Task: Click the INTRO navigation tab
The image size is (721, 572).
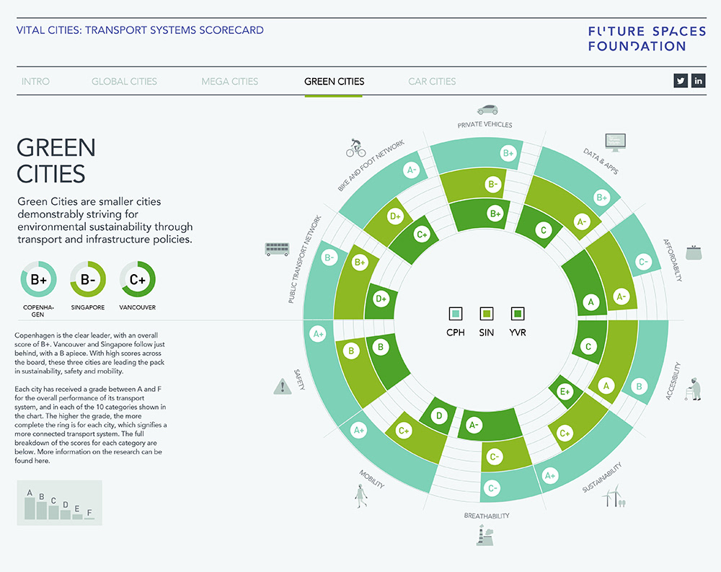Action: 35,82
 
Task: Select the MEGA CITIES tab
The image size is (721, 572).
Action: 230,82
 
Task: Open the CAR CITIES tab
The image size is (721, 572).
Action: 432,82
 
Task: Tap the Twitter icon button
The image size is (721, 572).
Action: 681,81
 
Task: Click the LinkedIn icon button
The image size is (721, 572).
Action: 698,81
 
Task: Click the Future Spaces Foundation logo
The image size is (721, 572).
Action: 637,39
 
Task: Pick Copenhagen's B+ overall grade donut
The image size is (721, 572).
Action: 38,280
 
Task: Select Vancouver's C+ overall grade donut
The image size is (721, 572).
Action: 138,280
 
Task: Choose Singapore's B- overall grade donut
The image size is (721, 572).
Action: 88,280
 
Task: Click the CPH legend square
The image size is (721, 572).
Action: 456,314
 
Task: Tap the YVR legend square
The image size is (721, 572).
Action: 517,314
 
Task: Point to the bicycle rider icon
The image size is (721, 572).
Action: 356,148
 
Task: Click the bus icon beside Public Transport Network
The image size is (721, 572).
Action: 278,249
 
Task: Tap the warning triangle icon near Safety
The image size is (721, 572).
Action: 282,387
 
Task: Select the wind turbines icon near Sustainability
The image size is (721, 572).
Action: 615,497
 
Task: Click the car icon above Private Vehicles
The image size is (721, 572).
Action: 487,110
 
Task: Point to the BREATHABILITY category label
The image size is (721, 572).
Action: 487,516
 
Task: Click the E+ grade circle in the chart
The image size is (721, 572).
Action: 565,391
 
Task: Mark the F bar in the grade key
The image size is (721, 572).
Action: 89,516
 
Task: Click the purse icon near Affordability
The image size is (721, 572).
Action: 694,252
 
